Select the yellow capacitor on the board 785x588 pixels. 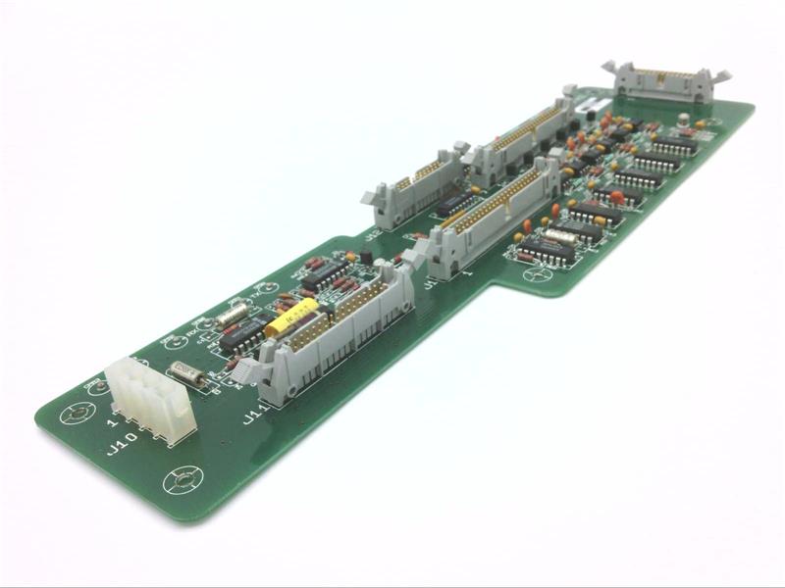290,318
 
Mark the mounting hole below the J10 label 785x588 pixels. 183,479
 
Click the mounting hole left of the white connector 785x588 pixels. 78,414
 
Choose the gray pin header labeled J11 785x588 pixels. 334,333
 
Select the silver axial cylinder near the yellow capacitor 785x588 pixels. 232,316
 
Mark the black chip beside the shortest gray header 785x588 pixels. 454,204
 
